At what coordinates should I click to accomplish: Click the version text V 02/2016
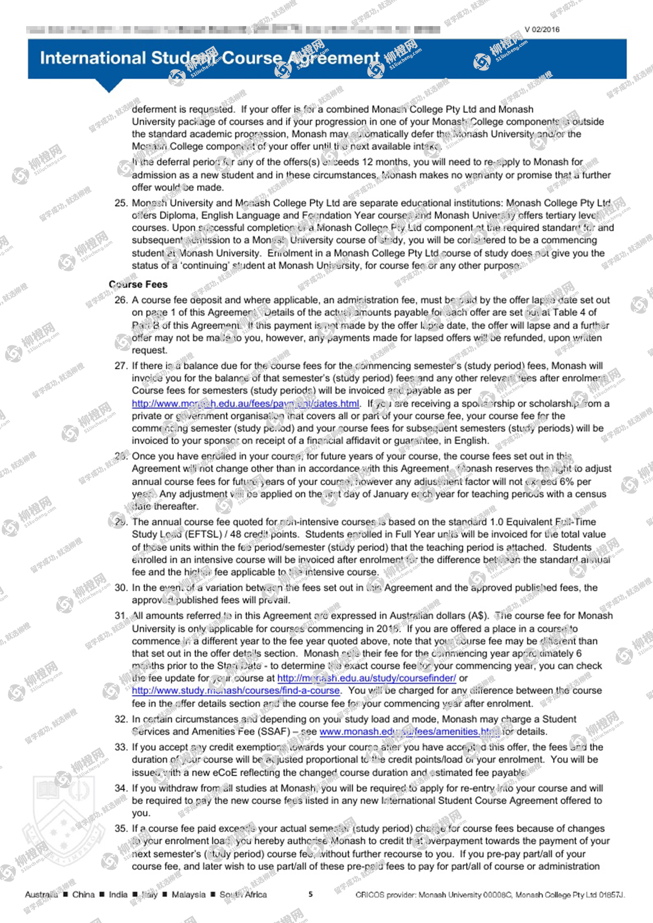point(542,29)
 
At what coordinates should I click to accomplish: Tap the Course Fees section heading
point(138,284)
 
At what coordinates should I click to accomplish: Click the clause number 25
point(121,203)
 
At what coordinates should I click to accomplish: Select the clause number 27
point(121,366)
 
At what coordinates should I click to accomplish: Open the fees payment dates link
point(245,404)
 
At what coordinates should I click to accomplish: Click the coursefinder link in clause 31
point(367,678)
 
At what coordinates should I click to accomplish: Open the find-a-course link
point(236,691)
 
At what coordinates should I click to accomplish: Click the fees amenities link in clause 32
point(410,732)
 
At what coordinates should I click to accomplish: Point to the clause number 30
point(121,588)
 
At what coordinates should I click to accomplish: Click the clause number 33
point(121,747)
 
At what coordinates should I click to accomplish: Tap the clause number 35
point(121,828)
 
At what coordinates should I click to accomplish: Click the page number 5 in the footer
point(311,894)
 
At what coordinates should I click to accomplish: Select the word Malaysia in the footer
point(188,895)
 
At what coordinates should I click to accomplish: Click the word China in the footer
point(83,895)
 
